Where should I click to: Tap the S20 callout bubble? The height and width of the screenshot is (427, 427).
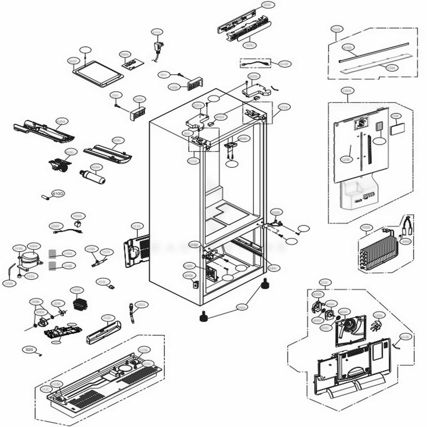[x=29, y=350]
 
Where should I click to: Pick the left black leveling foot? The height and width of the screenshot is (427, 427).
[x=203, y=317]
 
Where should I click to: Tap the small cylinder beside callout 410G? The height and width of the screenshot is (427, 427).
[x=46, y=197]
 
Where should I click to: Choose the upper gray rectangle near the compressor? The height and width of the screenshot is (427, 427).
[x=53, y=253]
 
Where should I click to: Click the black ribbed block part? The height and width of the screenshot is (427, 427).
[x=80, y=304]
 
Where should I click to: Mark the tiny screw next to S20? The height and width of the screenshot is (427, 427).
[x=41, y=354]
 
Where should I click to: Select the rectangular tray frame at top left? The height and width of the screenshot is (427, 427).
[x=99, y=73]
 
